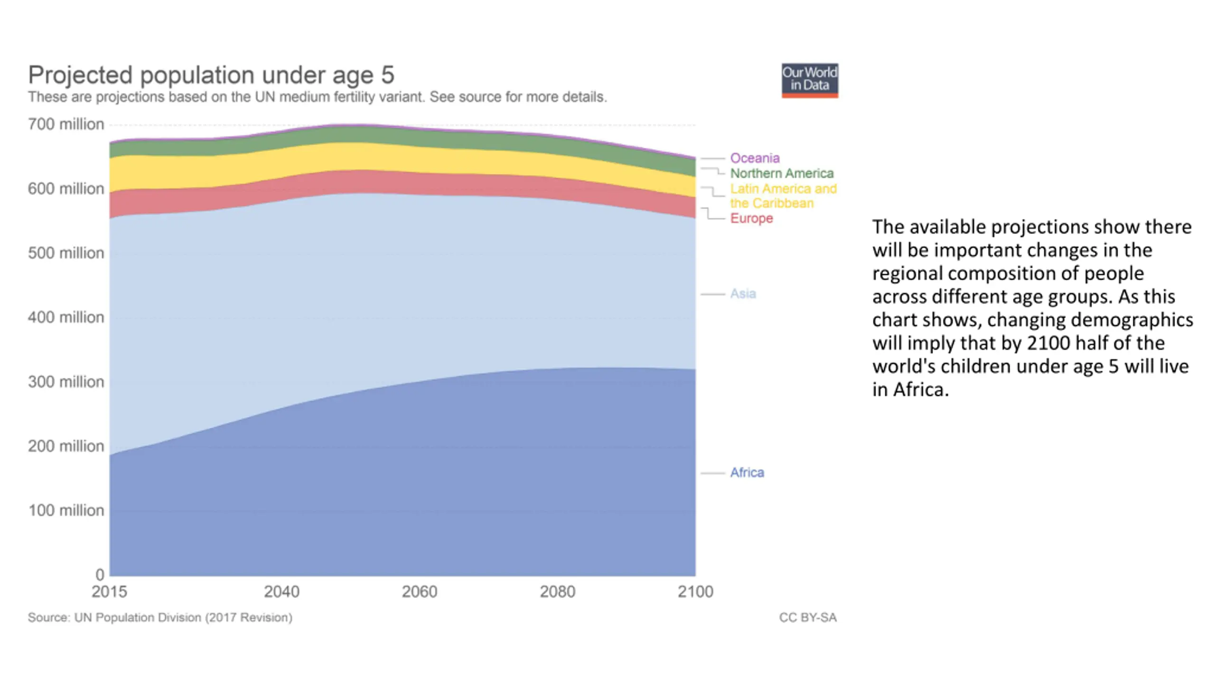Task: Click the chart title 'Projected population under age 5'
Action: pos(211,75)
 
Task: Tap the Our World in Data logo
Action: pos(810,81)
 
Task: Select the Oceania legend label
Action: pos(755,158)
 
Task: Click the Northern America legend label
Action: pos(782,173)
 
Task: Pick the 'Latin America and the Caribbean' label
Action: pos(783,196)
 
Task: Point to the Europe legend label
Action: pos(751,218)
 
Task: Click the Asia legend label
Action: pos(743,294)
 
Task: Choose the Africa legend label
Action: pos(747,472)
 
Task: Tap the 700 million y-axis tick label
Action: pos(66,124)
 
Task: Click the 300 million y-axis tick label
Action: pos(66,382)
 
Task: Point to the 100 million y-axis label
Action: pos(66,510)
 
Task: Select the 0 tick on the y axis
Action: pos(100,575)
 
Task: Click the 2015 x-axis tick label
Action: pos(109,592)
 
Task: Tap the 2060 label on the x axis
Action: pos(420,592)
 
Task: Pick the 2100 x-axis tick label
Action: pos(695,592)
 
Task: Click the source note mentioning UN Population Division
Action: pos(160,618)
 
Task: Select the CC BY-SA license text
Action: pos(808,618)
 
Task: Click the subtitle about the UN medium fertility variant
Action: pos(318,97)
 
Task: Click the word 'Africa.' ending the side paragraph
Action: pos(921,389)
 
